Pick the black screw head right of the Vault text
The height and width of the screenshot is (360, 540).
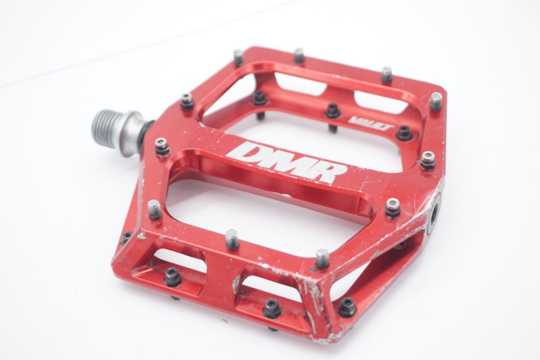(405, 133)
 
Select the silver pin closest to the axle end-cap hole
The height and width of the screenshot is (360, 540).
(392, 207)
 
